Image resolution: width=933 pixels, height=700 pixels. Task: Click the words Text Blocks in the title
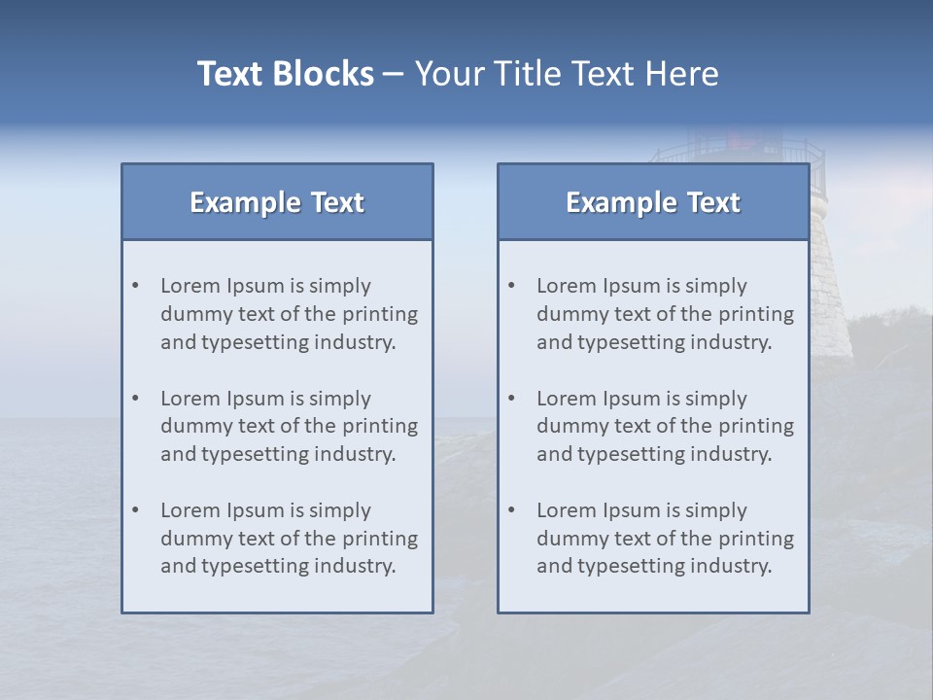[x=285, y=74]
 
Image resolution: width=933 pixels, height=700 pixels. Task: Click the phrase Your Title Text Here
[x=567, y=74]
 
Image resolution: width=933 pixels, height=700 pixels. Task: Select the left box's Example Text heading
[x=277, y=202]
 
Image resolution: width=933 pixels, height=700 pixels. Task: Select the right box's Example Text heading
[x=653, y=202]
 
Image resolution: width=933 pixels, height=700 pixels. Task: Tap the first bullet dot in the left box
[x=136, y=286]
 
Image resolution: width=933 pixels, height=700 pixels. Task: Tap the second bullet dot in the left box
[x=136, y=399]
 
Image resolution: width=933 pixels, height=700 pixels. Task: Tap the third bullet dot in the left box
[x=136, y=510]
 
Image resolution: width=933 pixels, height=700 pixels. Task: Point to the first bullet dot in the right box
[x=512, y=286]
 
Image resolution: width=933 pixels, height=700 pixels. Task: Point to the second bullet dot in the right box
[x=512, y=399]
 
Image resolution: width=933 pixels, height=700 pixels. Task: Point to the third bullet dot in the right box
[x=512, y=510]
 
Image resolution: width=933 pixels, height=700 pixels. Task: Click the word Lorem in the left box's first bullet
[x=190, y=286]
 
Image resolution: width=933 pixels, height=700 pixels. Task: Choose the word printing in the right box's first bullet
[x=757, y=314]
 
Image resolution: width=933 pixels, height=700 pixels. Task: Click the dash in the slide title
[x=394, y=74]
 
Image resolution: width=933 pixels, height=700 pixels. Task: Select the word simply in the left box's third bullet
[x=339, y=510]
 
